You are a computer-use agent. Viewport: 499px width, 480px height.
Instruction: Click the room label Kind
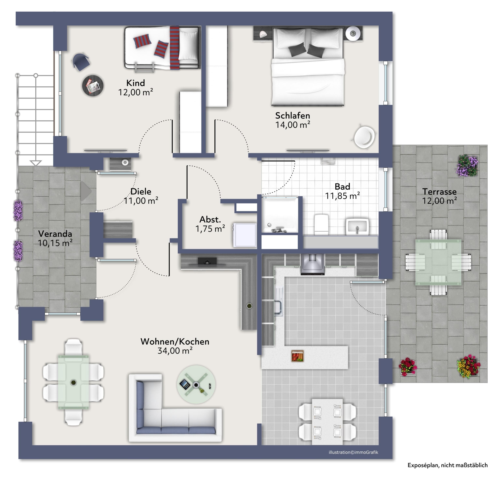(136, 83)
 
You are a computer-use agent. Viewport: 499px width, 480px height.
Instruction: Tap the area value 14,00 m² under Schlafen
(293, 125)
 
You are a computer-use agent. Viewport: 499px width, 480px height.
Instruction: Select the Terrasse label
(439, 191)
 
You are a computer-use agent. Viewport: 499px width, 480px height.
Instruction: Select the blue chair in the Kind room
(81, 62)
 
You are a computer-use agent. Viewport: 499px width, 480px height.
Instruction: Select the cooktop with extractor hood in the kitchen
(312, 264)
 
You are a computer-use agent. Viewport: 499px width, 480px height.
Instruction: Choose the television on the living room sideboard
(207, 261)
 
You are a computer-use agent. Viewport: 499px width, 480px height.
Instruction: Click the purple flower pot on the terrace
(467, 165)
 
